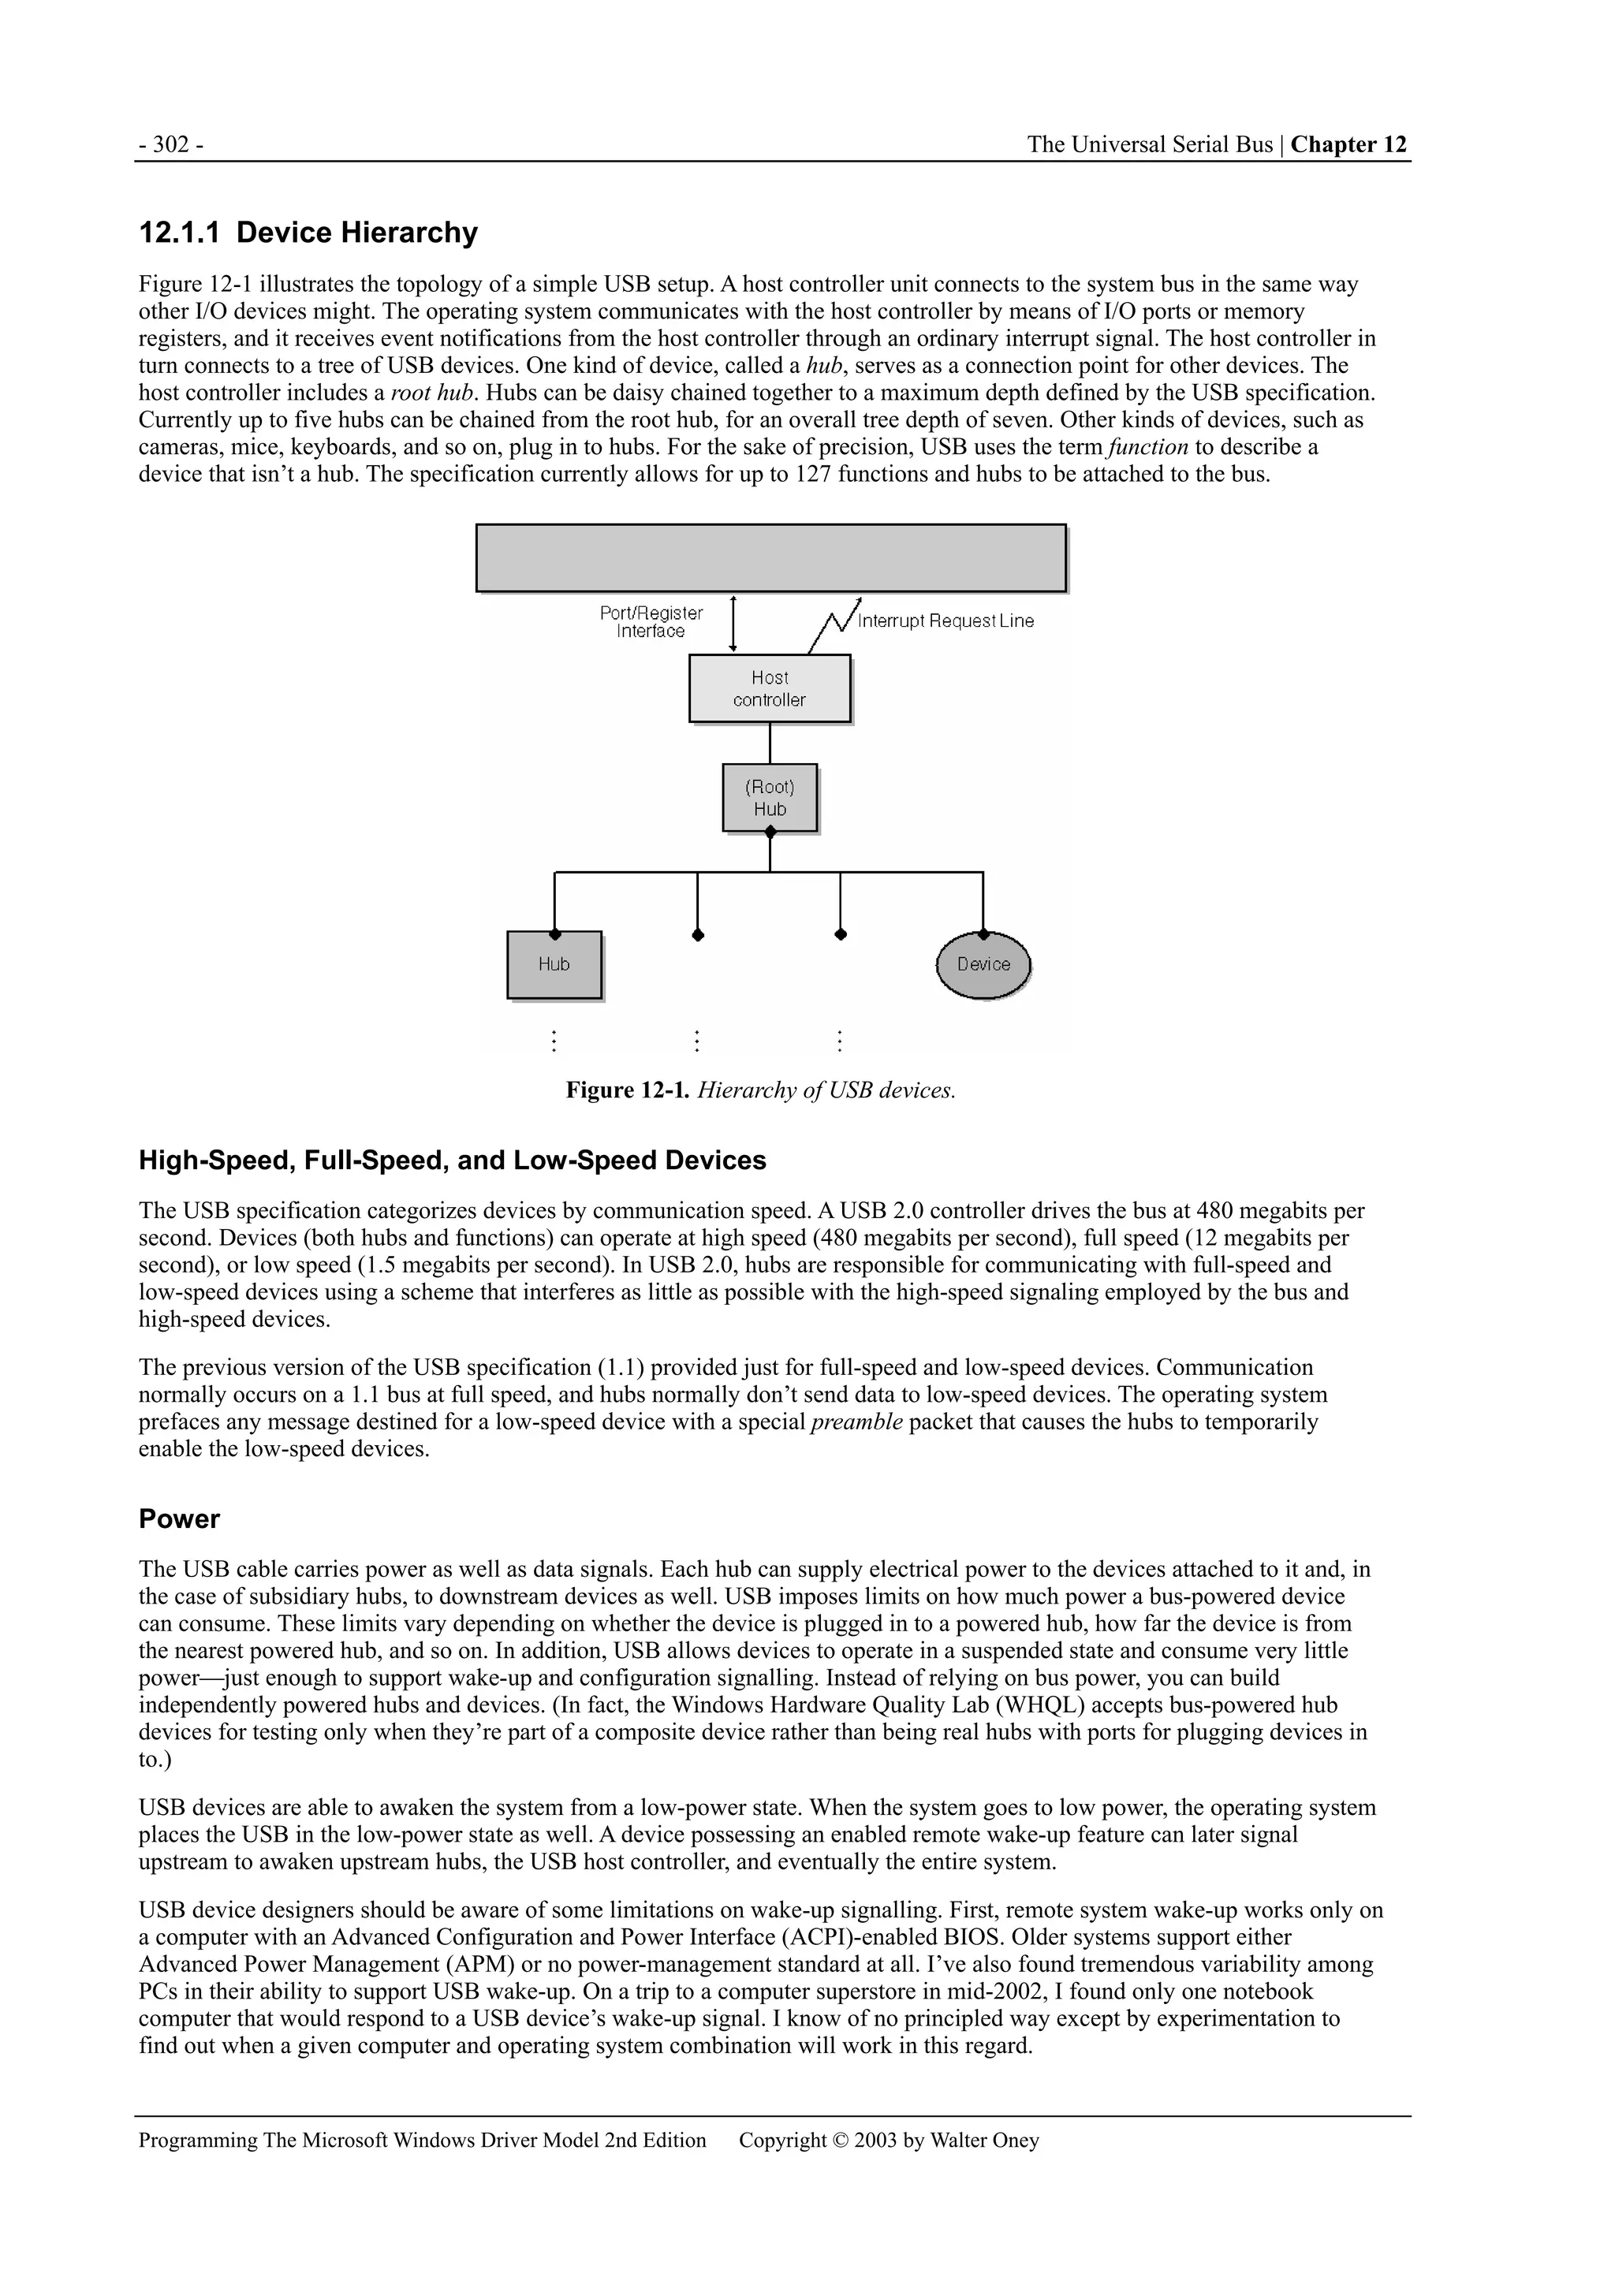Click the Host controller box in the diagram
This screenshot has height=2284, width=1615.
(769, 688)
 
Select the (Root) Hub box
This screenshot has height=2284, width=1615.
(769, 798)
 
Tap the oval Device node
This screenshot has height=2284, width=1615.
(983, 965)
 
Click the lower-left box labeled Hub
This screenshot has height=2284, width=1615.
(554, 965)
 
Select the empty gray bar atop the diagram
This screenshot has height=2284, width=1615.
(770, 558)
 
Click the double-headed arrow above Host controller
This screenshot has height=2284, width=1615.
(733, 623)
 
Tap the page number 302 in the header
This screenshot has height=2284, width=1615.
(171, 145)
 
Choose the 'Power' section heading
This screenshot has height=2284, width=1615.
(179, 1519)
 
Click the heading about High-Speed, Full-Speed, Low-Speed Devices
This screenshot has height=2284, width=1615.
(452, 1161)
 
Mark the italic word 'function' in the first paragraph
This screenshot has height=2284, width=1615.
(1148, 448)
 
